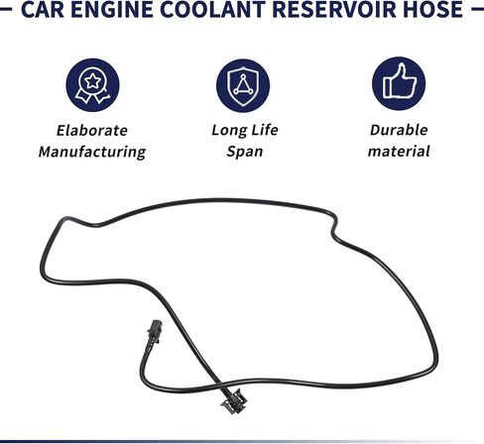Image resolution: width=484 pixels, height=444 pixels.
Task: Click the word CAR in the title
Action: point(43,9)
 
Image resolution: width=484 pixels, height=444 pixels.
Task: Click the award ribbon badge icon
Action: point(92,85)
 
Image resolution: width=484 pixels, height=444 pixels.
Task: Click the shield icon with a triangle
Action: point(243,86)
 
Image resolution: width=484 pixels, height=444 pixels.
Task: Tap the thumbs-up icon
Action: point(399,81)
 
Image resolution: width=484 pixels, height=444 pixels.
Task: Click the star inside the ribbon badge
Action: point(93,81)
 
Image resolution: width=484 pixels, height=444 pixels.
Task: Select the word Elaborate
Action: point(92,130)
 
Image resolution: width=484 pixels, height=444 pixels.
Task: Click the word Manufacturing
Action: point(92,152)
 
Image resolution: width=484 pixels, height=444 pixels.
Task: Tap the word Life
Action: point(265,130)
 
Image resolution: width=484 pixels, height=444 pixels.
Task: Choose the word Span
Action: point(245,152)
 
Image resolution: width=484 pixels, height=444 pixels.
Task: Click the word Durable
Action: point(399,130)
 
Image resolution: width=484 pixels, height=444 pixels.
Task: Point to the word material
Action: point(399,152)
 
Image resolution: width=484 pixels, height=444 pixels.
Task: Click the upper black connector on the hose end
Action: point(155,332)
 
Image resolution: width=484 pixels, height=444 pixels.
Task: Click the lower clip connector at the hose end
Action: point(234,400)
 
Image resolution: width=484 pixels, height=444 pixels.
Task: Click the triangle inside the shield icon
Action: point(243,85)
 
